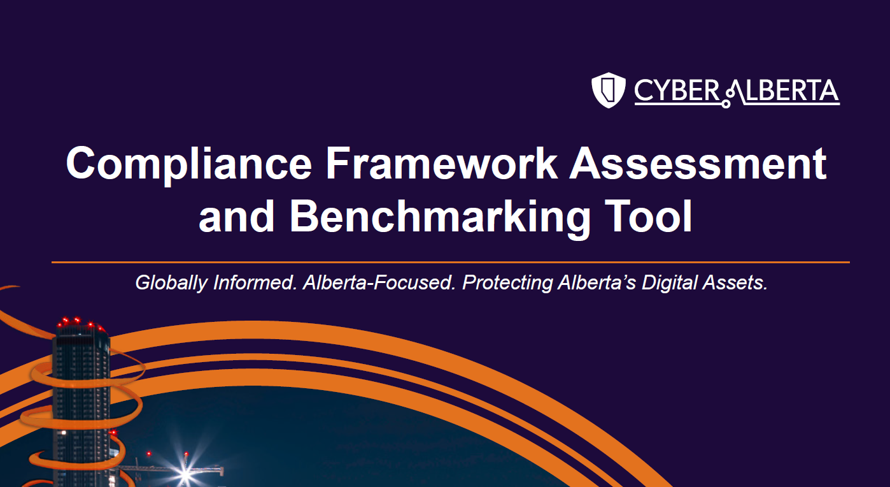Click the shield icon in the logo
(609, 90)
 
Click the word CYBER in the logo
(676, 91)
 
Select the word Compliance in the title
(189, 164)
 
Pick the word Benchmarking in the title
(440, 217)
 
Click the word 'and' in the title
(236, 216)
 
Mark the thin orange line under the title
(450, 262)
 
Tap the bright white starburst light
(185, 473)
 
